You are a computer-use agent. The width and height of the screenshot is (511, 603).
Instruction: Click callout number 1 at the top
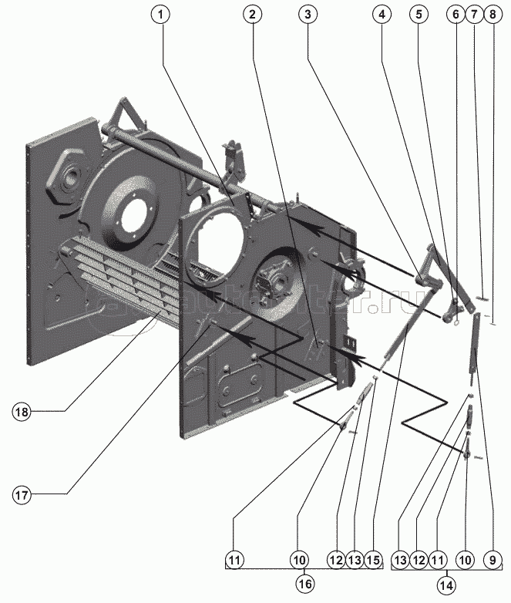[162, 15]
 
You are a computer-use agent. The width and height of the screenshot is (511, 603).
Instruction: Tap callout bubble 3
[308, 15]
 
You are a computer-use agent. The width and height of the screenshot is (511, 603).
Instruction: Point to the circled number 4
[382, 15]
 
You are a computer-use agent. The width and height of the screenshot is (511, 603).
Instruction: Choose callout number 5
[419, 15]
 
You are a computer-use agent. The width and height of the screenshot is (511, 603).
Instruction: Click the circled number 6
[455, 15]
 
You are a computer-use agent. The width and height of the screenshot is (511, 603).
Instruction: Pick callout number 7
[474, 15]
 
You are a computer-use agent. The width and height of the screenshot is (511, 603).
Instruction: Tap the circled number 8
[493, 15]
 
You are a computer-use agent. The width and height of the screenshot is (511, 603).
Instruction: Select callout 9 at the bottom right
[492, 558]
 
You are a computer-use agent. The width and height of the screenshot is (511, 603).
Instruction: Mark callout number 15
[374, 558]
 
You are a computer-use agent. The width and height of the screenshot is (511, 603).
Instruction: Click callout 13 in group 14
[402, 558]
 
